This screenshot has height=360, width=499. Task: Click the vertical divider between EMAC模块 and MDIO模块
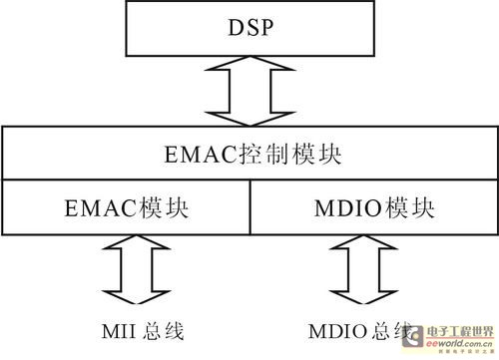(248, 209)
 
